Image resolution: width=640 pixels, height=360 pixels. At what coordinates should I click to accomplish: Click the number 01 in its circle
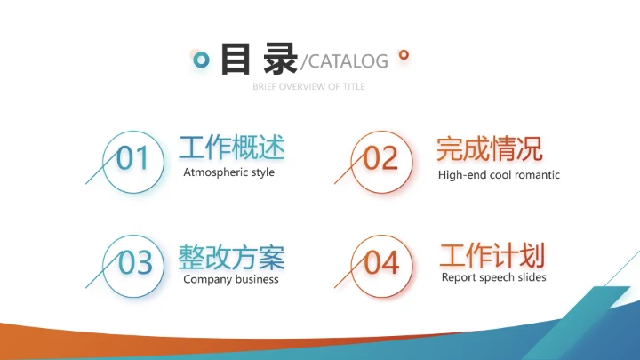tap(133, 159)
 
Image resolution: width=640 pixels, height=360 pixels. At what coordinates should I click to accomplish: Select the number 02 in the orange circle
tap(381, 159)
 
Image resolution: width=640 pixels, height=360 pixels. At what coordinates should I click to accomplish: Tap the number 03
tap(135, 263)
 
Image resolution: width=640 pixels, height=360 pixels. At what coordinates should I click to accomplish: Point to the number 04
tap(382, 263)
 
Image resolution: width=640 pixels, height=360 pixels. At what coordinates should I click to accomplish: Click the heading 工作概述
tap(232, 148)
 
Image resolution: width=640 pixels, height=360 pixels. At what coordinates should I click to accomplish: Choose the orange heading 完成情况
tap(489, 148)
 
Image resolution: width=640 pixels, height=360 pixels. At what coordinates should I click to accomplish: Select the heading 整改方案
tap(231, 257)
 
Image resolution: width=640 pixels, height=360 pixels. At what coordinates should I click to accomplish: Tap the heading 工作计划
tap(492, 256)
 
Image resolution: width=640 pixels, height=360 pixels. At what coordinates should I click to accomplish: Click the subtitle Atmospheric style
tap(228, 172)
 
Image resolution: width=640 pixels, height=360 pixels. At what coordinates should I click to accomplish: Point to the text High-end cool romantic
tap(499, 175)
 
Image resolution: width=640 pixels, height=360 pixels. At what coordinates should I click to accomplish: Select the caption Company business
tap(230, 279)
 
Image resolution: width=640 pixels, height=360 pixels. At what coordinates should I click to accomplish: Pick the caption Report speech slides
tap(493, 277)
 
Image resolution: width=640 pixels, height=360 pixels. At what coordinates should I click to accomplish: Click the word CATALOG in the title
tap(348, 61)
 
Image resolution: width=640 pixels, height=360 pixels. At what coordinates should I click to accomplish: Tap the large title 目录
tap(258, 59)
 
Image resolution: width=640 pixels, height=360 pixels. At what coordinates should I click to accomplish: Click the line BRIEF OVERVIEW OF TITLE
tap(308, 87)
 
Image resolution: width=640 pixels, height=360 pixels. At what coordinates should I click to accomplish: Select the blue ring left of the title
tap(202, 60)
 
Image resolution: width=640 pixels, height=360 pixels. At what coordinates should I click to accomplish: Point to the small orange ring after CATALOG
tap(404, 55)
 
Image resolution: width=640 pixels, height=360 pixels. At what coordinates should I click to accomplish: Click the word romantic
tap(537, 175)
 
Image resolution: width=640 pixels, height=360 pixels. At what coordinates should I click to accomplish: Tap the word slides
tap(532, 277)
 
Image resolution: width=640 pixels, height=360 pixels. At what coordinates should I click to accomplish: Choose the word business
tap(256, 279)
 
